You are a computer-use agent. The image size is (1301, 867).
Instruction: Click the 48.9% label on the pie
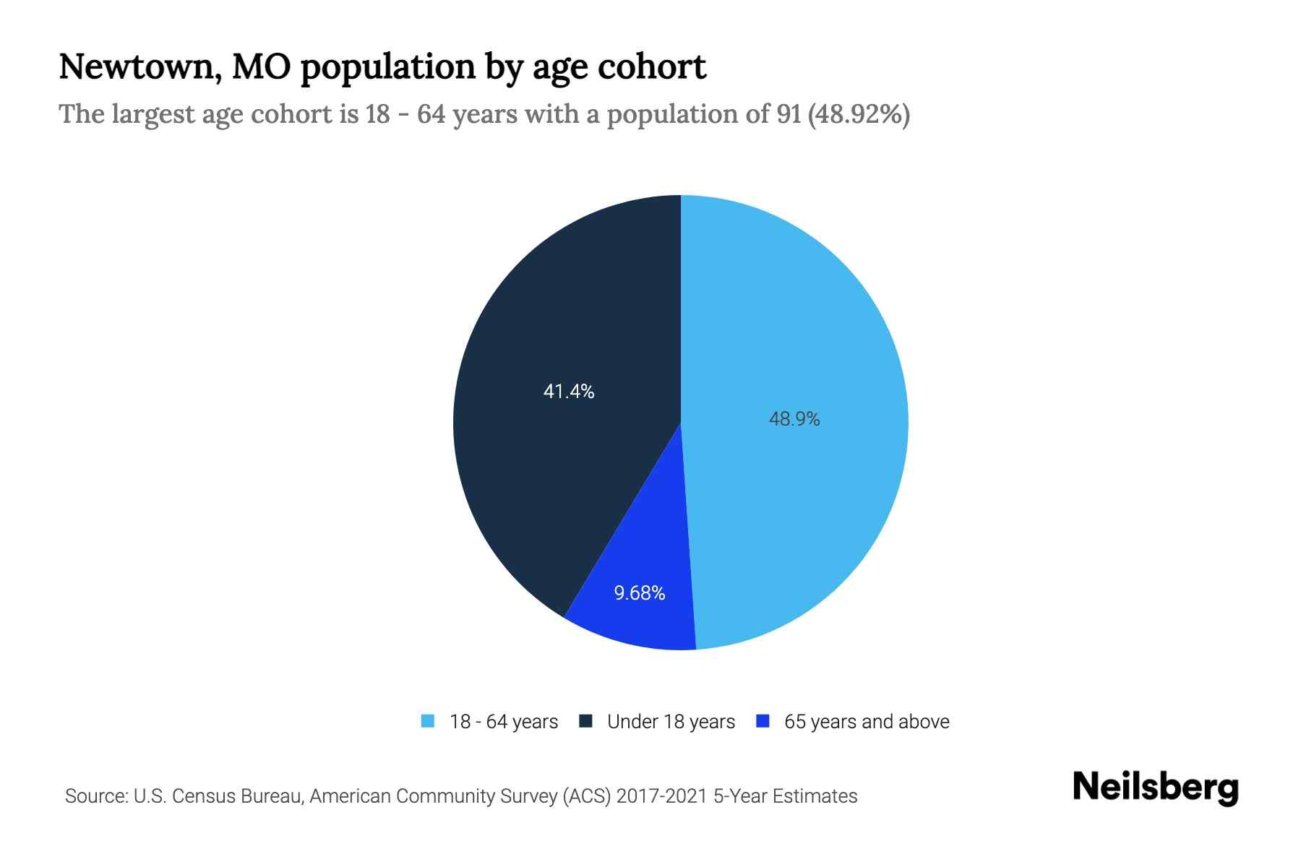click(x=794, y=419)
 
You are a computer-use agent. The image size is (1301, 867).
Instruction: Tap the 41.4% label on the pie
click(x=569, y=392)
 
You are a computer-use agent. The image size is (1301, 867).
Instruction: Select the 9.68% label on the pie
click(x=640, y=593)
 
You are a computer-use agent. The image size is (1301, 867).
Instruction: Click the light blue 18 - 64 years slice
click(x=810, y=325)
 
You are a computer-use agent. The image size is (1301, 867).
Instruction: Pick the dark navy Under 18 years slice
click(x=549, y=470)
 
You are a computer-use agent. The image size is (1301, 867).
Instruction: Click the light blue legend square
click(x=428, y=721)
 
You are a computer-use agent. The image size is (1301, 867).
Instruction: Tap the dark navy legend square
click(x=586, y=721)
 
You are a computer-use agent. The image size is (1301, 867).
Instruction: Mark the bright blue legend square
click(x=763, y=721)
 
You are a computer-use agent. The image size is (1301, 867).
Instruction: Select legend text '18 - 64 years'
click(x=504, y=722)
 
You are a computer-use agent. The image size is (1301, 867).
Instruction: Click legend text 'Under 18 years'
click(x=671, y=722)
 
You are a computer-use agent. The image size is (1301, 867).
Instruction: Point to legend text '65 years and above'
click(x=867, y=722)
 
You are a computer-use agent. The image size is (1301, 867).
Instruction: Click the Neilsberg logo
click(x=1156, y=788)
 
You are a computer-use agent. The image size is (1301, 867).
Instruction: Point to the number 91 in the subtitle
click(x=789, y=114)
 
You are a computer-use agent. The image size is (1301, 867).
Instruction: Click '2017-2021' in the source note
click(x=662, y=796)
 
